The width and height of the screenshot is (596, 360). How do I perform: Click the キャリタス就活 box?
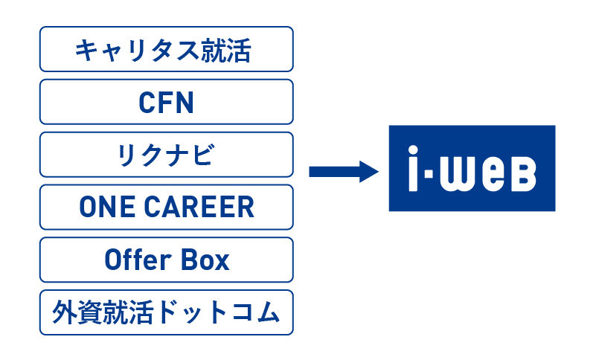[167, 49]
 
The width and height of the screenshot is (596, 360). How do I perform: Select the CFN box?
[167, 102]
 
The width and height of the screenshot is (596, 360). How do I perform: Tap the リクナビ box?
[167, 155]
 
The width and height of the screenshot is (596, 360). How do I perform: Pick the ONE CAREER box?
[167, 208]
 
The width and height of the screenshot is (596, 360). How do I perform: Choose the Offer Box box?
[167, 260]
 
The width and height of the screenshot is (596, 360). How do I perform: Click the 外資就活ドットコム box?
[167, 313]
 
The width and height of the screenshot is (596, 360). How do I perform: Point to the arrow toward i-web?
[344, 172]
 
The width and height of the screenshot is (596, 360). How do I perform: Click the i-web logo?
[472, 168]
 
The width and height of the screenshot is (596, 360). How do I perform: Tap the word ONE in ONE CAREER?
[107, 208]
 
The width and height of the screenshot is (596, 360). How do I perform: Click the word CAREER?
[199, 208]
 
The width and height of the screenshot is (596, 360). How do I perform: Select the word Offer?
[138, 260]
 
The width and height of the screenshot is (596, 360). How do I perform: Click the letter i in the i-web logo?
[413, 168]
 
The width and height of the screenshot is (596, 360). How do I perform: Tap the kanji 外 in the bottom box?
[65, 312]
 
